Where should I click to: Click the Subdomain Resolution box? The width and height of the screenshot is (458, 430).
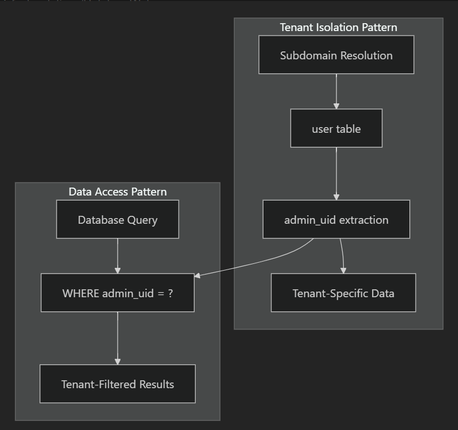(x=336, y=55)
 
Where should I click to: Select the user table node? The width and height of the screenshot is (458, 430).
(x=336, y=129)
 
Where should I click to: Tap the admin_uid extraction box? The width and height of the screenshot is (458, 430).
(x=336, y=219)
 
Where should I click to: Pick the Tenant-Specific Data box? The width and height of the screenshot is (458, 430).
(x=343, y=293)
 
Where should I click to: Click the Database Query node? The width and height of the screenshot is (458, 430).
(x=118, y=219)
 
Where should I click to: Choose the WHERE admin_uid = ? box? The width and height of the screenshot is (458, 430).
(x=118, y=293)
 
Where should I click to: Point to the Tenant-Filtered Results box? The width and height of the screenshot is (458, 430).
(x=118, y=384)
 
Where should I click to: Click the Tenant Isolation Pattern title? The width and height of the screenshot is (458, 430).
(x=338, y=27)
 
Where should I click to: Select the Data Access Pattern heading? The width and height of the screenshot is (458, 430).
(x=118, y=192)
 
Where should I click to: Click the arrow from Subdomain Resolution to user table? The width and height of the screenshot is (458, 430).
(x=336, y=90)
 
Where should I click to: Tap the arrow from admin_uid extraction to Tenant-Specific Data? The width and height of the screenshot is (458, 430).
(x=342, y=255)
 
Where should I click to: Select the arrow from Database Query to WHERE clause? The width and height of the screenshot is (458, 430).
(x=118, y=255)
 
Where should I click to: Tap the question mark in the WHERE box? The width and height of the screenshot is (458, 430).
(x=170, y=293)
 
